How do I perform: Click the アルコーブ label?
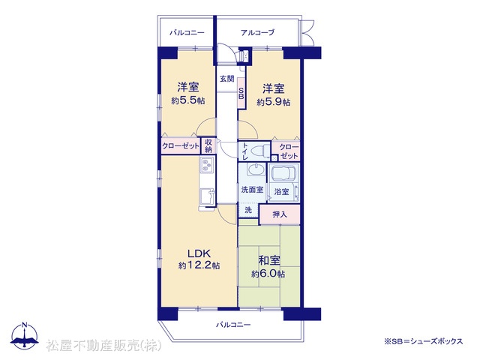[x=257, y=32]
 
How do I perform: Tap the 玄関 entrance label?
[x=226, y=79]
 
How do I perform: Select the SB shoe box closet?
[x=241, y=93]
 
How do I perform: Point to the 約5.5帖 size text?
[x=188, y=100]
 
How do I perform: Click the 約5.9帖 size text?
[x=273, y=102]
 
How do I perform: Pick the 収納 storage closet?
[x=208, y=145]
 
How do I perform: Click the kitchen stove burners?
[x=207, y=164]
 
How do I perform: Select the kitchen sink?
[x=207, y=196]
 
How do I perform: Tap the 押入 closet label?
[x=280, y=214]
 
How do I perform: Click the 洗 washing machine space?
[x=248, y=210]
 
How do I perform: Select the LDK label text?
[x=199, y=253]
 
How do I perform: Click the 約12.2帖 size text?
[x=199, y=265]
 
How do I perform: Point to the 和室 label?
[x=269, y=260]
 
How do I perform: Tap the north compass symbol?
[x=25, y=335]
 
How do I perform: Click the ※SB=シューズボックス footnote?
[x=423, y=341]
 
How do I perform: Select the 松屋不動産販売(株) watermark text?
[x=103, y=346]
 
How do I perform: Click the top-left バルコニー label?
[x=187, y=32]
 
